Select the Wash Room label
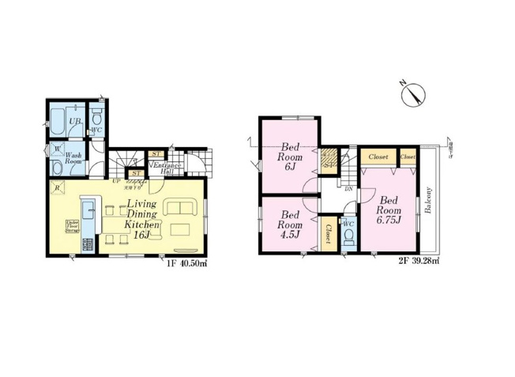pos(73,159)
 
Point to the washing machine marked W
pos(57,148)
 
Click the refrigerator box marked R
pos(57,187)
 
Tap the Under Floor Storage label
pos(72,227)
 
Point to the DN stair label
pos(348,188)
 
